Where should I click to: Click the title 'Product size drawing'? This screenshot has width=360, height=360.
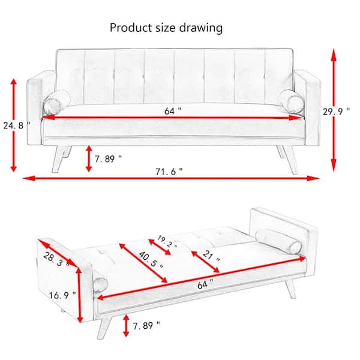[166, 28]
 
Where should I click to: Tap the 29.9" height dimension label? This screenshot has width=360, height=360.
[337, 112]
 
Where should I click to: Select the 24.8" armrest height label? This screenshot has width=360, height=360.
[17, 125]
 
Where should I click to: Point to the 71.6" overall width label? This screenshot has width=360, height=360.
[169, 171]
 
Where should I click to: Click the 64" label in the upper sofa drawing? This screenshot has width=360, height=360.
[173, 111]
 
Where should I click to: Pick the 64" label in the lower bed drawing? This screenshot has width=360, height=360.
[205, 284]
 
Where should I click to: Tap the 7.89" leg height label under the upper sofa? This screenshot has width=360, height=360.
[108, 158]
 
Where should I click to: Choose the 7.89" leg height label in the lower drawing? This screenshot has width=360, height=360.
[146, 326]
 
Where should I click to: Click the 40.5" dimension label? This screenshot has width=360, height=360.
[151, 260]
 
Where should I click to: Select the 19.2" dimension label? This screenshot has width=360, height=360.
[167, 242]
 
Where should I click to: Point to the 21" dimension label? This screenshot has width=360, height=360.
[211, 256]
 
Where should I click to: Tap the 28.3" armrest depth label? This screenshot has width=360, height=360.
[56, 260]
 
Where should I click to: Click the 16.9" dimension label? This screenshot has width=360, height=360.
[62, 295]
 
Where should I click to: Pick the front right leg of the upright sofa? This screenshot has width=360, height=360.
[290, 160]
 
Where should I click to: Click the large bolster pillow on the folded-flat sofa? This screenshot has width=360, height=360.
[278, 241]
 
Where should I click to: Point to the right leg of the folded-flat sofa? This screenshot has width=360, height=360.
[290, 289]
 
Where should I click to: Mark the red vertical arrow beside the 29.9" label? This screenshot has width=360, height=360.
[334, 110]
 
